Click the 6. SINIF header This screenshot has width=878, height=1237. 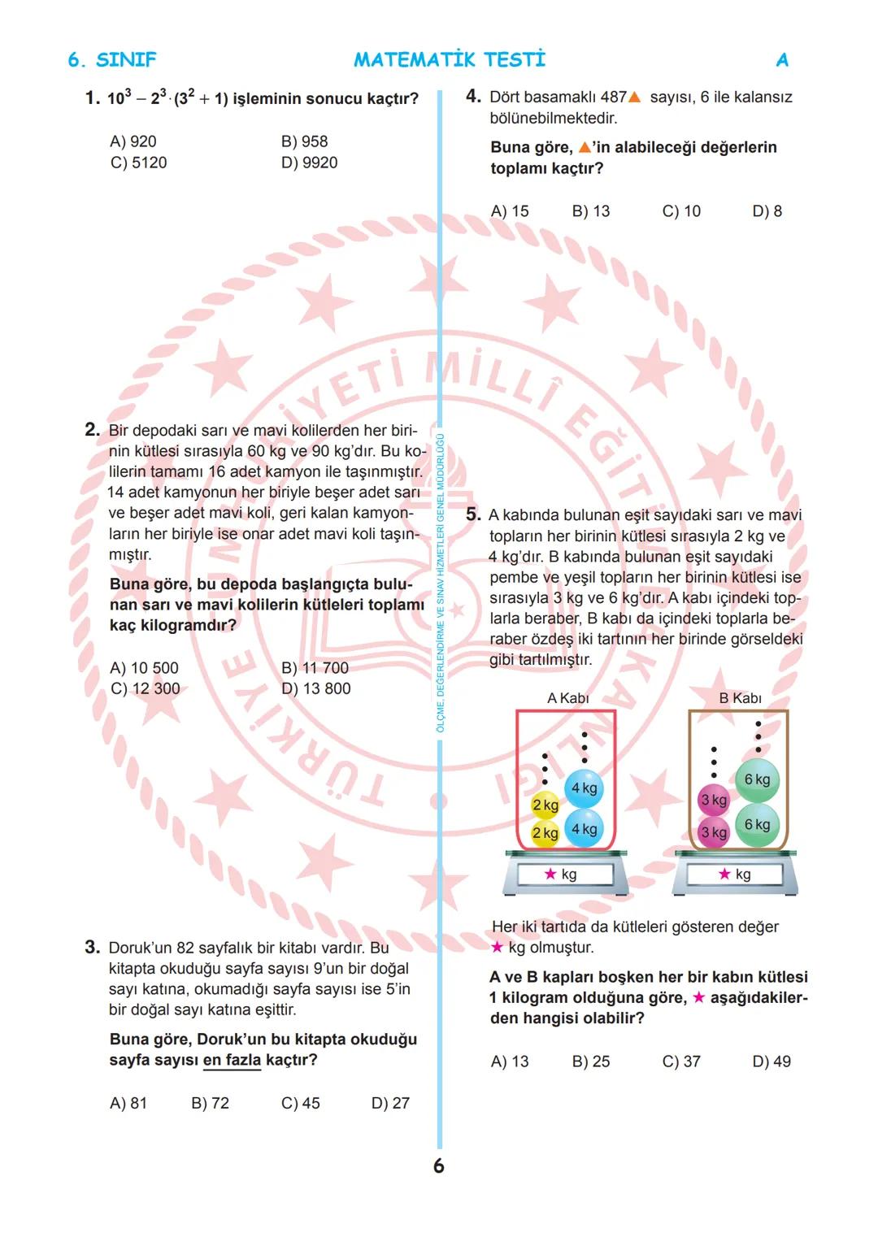point(111,60)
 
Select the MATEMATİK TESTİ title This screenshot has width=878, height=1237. point(450,60)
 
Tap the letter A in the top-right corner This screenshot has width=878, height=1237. point(782,60)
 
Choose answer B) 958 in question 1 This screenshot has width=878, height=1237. point(304,141)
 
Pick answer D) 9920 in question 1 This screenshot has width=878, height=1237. point(309,163)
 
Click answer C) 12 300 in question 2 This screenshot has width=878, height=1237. point(145,688)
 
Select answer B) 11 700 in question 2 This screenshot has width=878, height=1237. point(315,668)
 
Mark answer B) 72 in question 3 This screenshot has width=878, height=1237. point(210,1103)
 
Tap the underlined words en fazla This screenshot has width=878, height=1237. point(232,1060)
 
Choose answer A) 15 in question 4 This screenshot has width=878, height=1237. point(510,211)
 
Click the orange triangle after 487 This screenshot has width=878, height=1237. point(635,98)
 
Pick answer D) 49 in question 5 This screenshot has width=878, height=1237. point(772,1061)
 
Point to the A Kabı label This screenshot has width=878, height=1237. point(567,698)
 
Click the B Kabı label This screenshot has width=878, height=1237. point(740,698)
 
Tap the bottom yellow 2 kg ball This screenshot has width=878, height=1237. point(545,833)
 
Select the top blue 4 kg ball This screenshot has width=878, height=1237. point(584,788)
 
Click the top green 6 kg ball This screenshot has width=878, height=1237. point(757,779)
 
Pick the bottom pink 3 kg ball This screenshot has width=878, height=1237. point(714,832)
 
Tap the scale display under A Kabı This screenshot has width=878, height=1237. point(560,875)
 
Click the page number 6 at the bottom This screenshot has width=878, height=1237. point(439,1166)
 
